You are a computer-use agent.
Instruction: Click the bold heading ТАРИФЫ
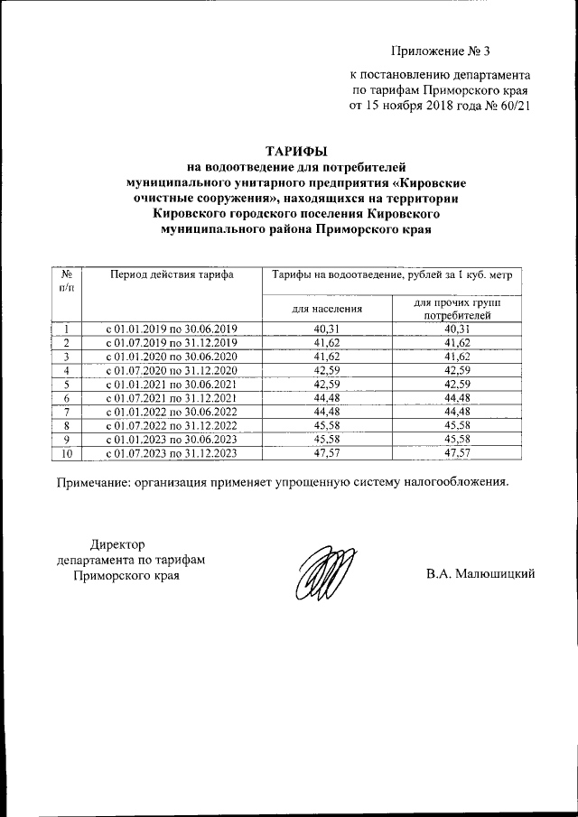point(296,150)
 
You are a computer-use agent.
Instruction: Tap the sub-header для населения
point(327,308)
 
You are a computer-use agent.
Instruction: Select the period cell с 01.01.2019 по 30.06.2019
point(172,329)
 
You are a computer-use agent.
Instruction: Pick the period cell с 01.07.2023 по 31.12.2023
point(172,453)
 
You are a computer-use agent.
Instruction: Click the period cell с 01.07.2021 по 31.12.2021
point(172,398)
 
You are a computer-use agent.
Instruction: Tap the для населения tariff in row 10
point(327,453)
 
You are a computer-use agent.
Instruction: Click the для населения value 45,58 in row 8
point(327,426)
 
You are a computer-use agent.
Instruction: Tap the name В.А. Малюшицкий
point(481,574)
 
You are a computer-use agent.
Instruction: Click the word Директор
point(117,543)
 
